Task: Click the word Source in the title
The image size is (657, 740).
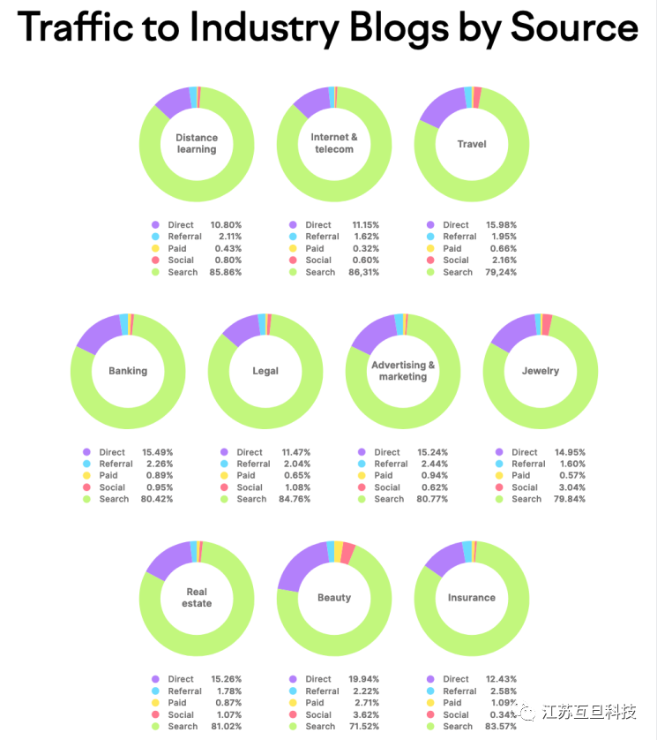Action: (573, 27)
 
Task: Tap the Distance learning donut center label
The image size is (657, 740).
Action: (197, 143)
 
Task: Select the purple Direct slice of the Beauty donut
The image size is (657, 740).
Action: (299, 564)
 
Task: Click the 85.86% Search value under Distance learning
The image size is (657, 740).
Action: (225, 272)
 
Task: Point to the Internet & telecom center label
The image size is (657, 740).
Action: (334, 143)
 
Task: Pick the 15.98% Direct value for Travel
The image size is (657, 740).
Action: (500, 225)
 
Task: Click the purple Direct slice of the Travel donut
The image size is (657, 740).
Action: (441, 107)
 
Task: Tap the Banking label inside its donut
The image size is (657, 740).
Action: (128, 371)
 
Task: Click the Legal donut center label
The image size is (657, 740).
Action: (265, 371)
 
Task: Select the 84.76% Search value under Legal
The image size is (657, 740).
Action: (294, 499)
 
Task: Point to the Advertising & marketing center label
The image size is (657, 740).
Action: (403, 371)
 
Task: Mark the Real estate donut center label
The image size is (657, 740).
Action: (197, 598)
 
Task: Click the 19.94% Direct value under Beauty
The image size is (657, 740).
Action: (362, 679)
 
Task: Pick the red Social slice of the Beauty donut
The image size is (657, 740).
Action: (347, 553)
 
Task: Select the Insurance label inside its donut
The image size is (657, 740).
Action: (472, 598)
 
